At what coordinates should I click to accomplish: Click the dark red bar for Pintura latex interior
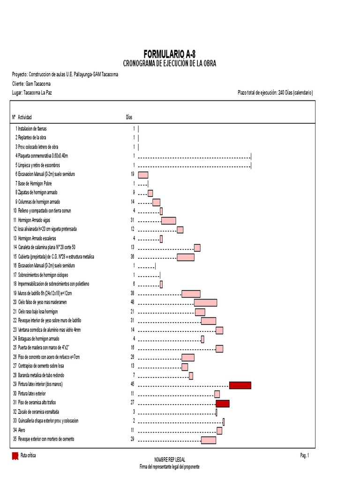coord(240,385)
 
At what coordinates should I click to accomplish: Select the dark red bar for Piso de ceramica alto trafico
coord(223,403)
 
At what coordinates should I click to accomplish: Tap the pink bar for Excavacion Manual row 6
coord(143,175)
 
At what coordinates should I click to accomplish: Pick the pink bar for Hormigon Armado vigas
coord(169,220)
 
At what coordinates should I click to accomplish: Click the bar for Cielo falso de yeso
coord(205,303)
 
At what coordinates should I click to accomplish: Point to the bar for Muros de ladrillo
coord(191,294)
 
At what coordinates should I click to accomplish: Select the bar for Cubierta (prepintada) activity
coord(185,257)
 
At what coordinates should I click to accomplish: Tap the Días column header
coord(129,117)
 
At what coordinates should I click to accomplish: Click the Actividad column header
coord(25,117)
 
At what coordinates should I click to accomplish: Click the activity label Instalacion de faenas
coord(32,128)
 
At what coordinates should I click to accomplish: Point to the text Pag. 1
coord(305,456)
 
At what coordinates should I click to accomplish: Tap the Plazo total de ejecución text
coord(275,93)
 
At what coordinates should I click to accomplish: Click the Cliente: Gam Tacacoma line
coord(31,83)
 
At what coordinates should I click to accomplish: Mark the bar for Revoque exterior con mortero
coord(209,440)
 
